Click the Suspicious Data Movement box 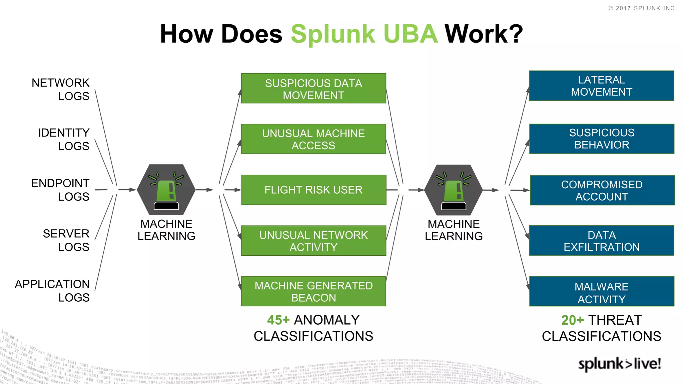(313, 88)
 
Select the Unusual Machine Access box (313, 139)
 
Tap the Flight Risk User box (313, 190)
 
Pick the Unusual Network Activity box (313, 241)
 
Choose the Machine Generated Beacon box (313, 291)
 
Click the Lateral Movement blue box (602, 86)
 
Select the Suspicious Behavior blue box (602, 139)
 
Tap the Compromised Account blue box (602, 190)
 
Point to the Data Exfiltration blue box (602, 241)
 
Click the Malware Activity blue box (602, 291)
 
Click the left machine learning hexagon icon (166, 190)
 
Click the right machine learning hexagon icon (454, 190)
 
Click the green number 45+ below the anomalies (278, 320)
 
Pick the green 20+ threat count (572, 320)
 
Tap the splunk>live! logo (619, 364)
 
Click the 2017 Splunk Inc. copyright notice (642, 8)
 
